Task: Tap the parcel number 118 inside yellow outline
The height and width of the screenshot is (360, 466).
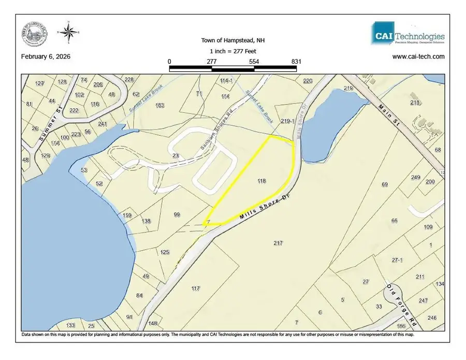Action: pos(261,181)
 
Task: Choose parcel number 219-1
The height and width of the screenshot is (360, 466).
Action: pos(287,121)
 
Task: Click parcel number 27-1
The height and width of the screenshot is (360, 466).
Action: pos(397,260)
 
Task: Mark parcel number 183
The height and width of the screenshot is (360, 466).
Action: pos(160,105)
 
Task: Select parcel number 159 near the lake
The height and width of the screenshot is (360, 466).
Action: pos(128,215)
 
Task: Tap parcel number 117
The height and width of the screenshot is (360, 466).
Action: pos(195,288)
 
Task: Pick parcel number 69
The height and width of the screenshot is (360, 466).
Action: pos(384,184)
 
